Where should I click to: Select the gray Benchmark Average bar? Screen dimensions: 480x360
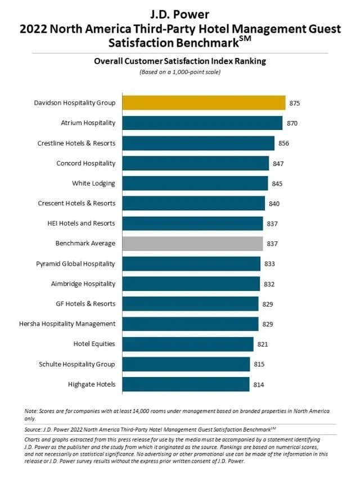click(192, 244)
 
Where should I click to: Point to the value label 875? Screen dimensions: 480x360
click(295, 104)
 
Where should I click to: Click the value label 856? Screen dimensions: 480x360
click(284, 143)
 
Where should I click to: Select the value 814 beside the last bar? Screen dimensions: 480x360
click(259, 384)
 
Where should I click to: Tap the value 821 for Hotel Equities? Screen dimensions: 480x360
click(263, 344)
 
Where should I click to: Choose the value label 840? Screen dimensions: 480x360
click(274, 204)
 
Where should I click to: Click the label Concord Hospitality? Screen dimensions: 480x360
click(86, 164)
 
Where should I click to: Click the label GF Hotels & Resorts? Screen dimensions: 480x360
click(86, 304)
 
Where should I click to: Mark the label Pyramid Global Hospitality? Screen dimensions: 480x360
click(75, 264)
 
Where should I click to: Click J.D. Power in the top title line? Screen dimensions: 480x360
click(179, 12)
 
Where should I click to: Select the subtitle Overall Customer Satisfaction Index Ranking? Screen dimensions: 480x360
click(179, 62)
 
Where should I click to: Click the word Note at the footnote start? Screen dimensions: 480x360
click(31, 411)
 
